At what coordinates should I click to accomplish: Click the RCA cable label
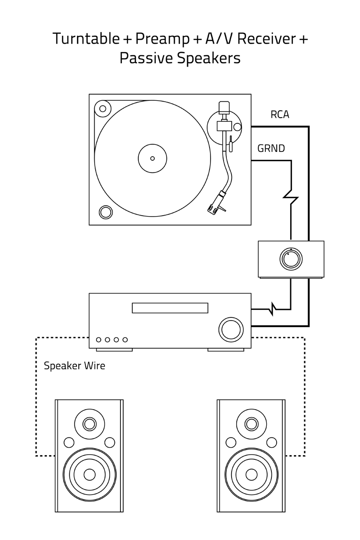coord(280,114)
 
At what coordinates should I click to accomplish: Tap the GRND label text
coord(271,149)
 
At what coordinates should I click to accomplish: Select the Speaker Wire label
coord(75,366)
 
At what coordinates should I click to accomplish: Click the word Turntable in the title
coord(86,38)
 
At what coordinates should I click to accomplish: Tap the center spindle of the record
coord(152,158)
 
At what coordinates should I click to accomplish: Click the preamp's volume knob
coord(291,259)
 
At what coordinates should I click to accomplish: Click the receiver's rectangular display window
coord(170,308)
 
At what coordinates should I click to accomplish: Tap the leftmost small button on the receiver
coord(98,339)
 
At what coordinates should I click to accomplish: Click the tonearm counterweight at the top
coord(224,107)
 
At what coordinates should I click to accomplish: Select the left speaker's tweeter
coord(89,425)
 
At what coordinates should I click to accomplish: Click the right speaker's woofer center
coord(251,474)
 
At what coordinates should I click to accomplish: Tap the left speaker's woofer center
coord(89,474)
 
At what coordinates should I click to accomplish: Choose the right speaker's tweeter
coord(251,425)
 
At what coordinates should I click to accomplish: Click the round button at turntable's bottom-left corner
coord(106,212)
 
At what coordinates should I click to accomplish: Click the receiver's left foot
coord(114,350)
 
